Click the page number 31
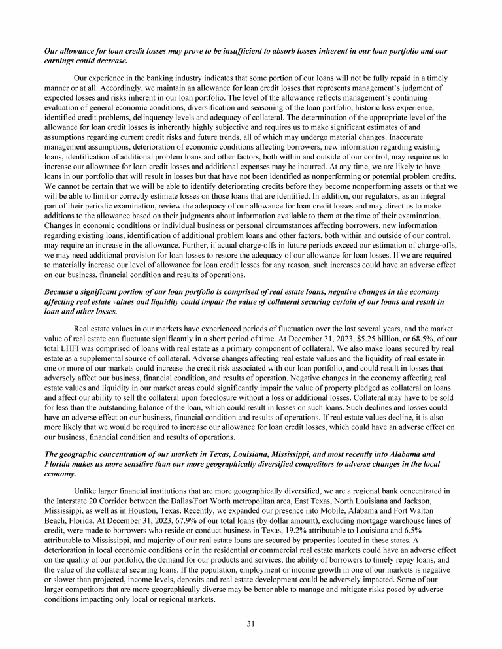pyautogui.click(x=250, y=623)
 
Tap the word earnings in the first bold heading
pyautogui.click(x=59, y=60)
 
